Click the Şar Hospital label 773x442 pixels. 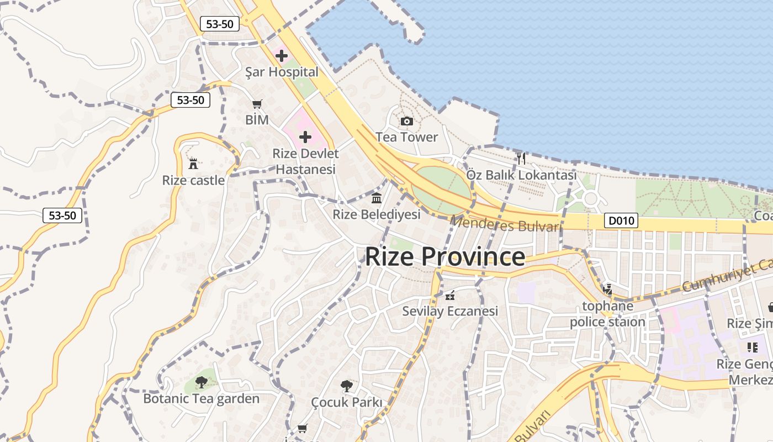[282, 72]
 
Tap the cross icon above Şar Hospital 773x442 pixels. [282, 56]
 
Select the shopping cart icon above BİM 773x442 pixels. [257, 104]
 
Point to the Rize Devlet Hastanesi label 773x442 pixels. [305, 161]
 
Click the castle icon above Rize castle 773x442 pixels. [193, 164]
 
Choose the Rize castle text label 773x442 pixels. [193, 180]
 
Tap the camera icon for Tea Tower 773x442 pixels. [407, 121]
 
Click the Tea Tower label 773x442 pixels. [407, 137]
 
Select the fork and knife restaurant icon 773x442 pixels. [521, 159]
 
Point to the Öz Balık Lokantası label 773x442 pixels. [521, 175]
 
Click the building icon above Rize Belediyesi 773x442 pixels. [377, 198]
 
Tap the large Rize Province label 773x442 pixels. [445, 257]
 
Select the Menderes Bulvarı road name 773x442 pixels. [506, 224]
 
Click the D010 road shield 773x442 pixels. [621, 221]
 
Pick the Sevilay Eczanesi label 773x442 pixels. [450, 311]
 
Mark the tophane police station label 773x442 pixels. [607, 314]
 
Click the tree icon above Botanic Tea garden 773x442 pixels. [202, 382]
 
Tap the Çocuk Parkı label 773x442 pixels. [346, 402]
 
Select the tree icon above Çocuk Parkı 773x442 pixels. [346, 385]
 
